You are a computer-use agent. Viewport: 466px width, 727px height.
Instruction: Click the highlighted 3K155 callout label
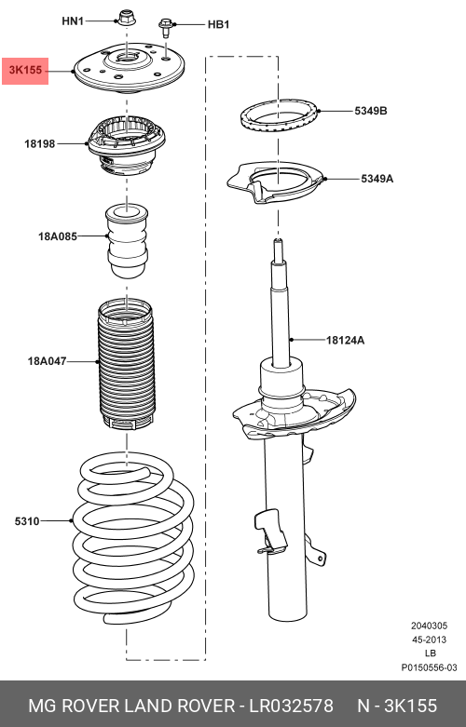tap(25, 71)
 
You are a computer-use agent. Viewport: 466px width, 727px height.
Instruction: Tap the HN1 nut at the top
tap(125, 18)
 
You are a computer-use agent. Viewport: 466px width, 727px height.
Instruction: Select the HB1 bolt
tap(165, 28)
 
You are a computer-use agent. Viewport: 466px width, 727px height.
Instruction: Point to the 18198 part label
tap(39, 143)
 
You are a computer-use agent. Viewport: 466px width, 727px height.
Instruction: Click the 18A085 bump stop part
tap(127, 240)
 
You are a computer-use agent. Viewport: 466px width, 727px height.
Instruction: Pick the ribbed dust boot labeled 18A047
tap(125, 363)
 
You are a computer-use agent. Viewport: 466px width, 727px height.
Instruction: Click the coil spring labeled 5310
tap(133, 538)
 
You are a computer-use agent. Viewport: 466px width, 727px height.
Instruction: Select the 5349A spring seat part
tap(275, 182)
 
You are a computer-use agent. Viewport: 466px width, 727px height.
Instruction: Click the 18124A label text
tap(345, 341)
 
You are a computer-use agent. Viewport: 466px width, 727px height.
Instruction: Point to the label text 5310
tap(27, 521)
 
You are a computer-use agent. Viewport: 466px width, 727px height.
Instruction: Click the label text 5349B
tap(371, 111)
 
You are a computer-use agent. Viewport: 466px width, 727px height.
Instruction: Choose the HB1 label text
tap(218, 24)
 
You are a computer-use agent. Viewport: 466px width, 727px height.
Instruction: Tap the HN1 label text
tap(73, 20)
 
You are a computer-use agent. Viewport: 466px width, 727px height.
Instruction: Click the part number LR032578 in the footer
tap(292, 706)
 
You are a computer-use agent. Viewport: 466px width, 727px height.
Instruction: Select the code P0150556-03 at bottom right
tap(430, 667)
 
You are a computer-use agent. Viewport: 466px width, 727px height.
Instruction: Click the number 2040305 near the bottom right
tap(429, 626)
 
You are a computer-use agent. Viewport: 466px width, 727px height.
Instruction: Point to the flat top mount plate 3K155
tap(129, 70)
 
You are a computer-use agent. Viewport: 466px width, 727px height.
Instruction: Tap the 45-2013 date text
tap(430, 639)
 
